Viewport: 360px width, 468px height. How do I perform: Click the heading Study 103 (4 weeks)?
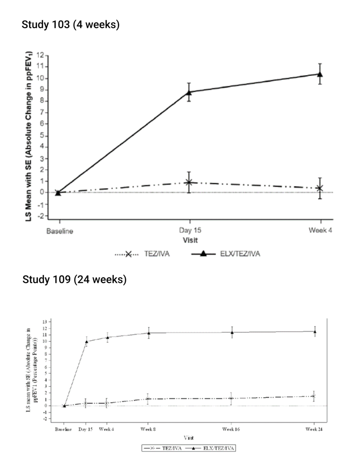point(71,24)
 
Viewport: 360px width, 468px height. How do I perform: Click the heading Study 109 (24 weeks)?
point(74,280)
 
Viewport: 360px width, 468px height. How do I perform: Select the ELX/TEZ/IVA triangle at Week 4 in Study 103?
point(320,74)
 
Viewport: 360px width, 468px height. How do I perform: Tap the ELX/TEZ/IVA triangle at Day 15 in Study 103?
point(189,92)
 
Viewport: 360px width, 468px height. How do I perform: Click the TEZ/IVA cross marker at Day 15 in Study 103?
point(189,182)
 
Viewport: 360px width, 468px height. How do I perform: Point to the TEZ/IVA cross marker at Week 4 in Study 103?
point(320,188)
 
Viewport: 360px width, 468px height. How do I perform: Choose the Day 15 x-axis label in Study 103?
point(189,231)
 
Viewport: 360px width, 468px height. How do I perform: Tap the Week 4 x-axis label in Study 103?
point(320,231)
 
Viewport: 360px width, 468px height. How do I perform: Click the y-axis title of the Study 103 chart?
point(28,137)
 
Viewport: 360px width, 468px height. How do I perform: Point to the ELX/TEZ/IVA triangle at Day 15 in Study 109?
point(86,341)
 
